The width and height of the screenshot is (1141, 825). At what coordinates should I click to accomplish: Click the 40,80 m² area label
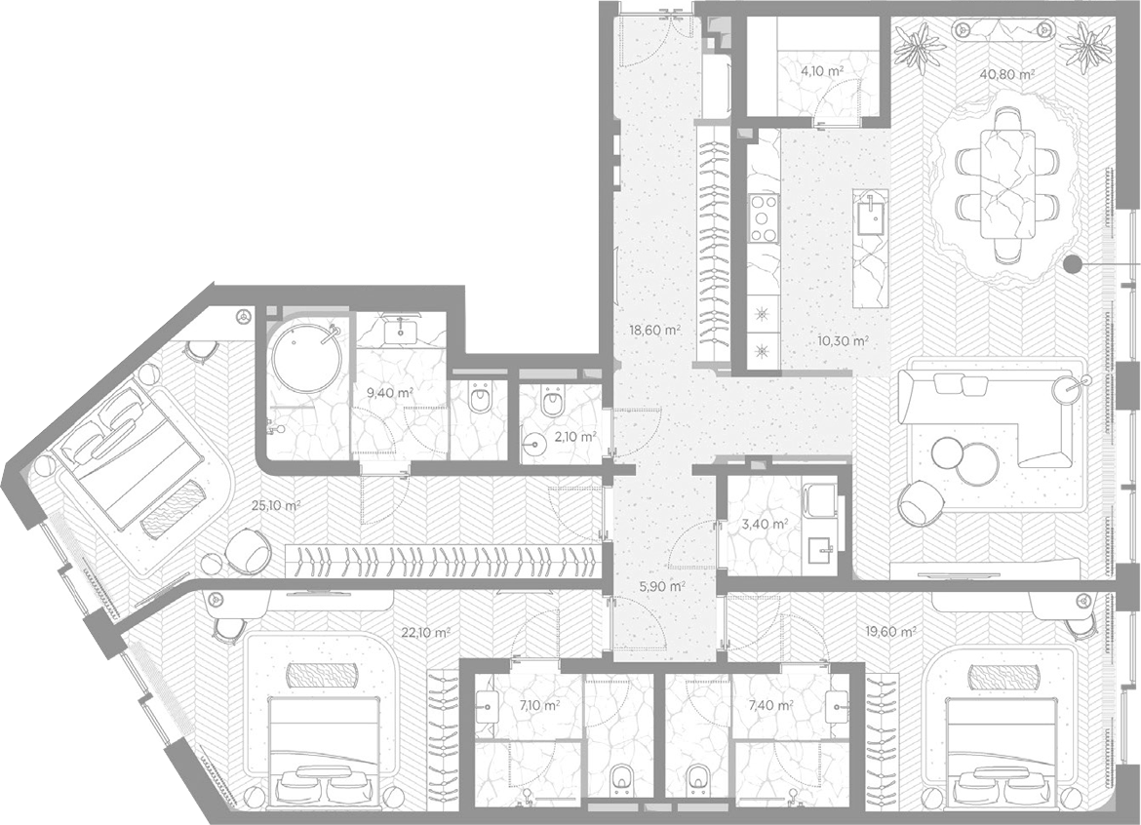1007,73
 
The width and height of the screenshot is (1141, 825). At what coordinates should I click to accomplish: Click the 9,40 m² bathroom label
390,393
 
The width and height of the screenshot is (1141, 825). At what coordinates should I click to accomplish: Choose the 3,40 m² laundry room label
767,524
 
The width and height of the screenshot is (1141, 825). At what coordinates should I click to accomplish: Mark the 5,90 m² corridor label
663,586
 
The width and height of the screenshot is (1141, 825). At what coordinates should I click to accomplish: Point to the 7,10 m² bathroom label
539,705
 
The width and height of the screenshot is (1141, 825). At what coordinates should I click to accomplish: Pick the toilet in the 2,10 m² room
553,402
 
